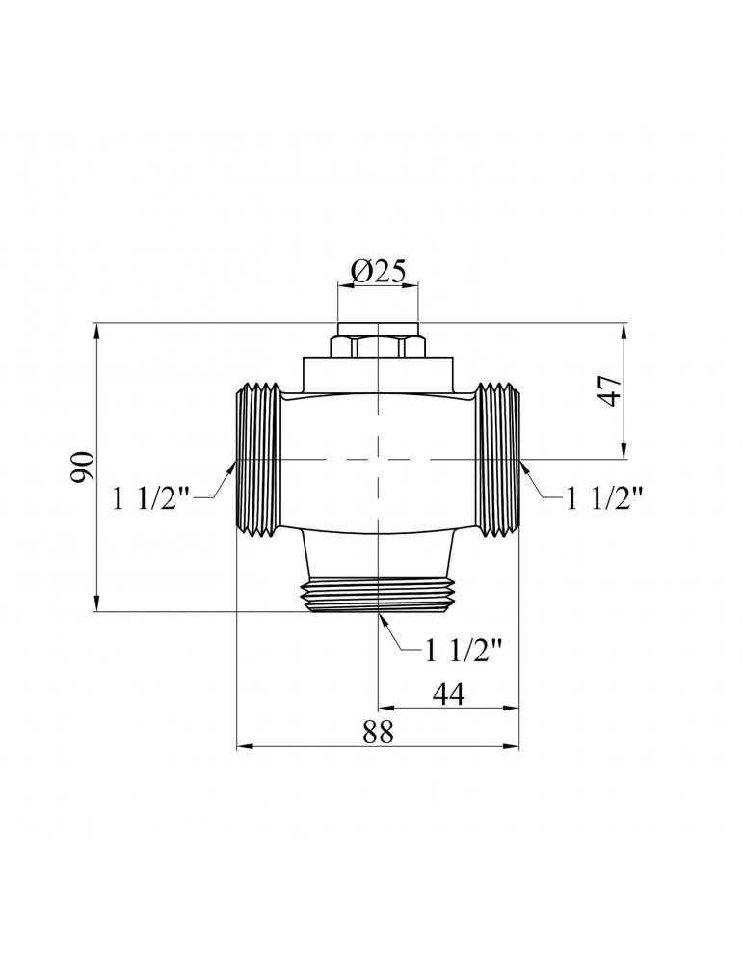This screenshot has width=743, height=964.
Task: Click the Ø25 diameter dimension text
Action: coord(377,274)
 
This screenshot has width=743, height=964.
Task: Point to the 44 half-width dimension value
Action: coord(448,693)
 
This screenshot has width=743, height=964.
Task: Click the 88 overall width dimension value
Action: coord(378,732)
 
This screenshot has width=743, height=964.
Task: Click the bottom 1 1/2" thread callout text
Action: coord(464,651)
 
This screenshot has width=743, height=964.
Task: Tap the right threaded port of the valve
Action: coord(499,458)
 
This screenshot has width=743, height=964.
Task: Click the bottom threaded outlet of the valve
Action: coord(378,596)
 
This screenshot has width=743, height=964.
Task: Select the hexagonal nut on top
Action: coord(377,345)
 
